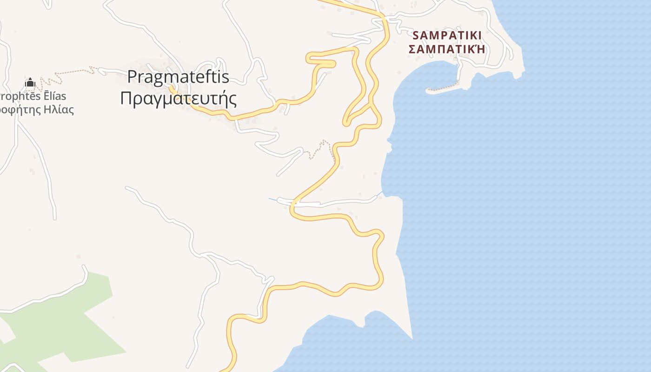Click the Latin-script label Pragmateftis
(178, 77)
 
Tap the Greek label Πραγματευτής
(179, 99)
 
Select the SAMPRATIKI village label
(446, 35)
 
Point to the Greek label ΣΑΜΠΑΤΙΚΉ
(446, 48)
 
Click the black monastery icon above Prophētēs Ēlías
(30, 83)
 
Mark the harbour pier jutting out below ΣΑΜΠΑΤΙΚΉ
(442, 88)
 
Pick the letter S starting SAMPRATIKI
(416, 35)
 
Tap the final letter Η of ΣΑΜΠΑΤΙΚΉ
(480, 48)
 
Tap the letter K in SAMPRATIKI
(472, 35)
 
